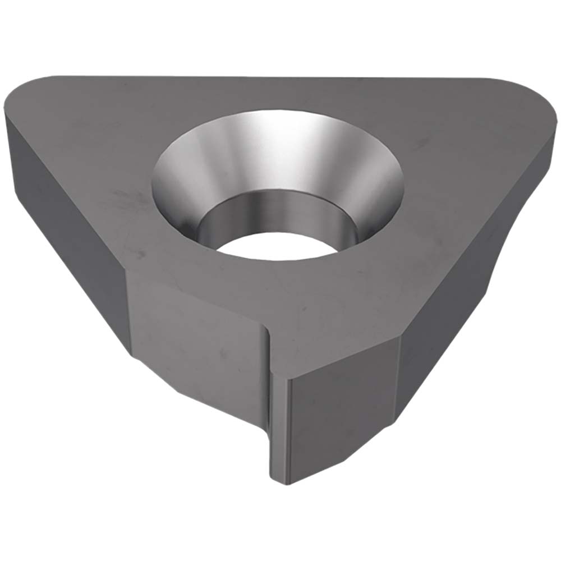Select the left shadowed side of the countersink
174,180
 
